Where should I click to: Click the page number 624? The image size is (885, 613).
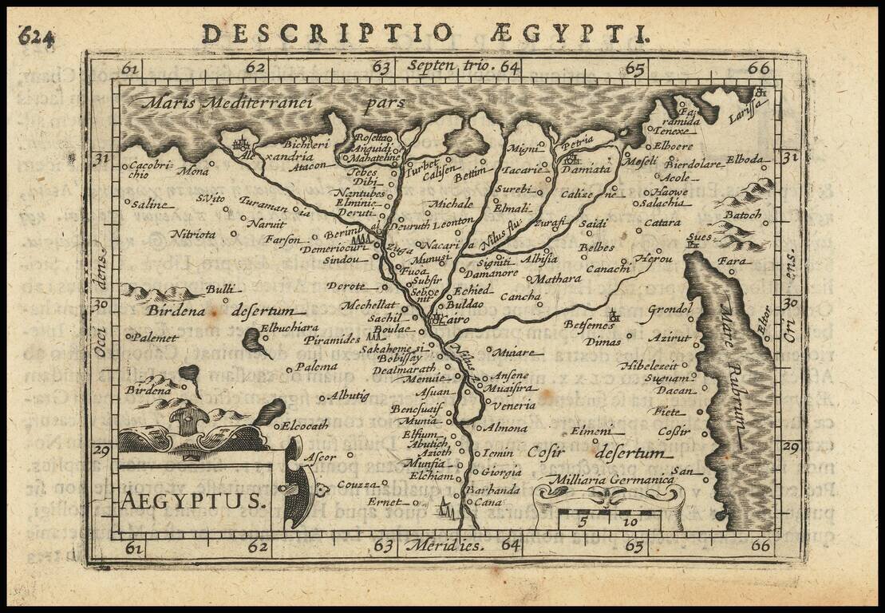click(x=37, y=36)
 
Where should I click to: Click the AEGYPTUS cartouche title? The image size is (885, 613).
click(x=192, y=500)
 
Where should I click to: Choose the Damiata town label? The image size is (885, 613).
click(x=591, y=169)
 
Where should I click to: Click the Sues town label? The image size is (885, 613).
click(x=698, y=238)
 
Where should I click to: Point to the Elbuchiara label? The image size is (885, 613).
click(x=290, y=327)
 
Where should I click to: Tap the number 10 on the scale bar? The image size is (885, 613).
click(x=632, y=522)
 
